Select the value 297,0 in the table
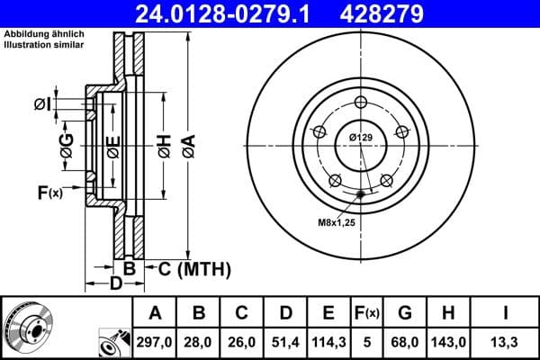click(x=155, y=341)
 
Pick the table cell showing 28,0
click(x=199, y=341)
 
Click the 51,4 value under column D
click(x=285, y=341)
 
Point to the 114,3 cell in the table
click(x=328, y=341)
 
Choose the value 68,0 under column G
click(x=404, y=341)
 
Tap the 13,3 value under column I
click(x=506, y=341)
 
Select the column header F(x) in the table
click(x=366, y=313)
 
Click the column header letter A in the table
click(x=155, y=313)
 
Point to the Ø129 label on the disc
click(x=361, y=137)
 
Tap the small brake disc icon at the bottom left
click(x=29, y=327)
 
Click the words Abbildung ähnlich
click(x=34, y=34)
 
